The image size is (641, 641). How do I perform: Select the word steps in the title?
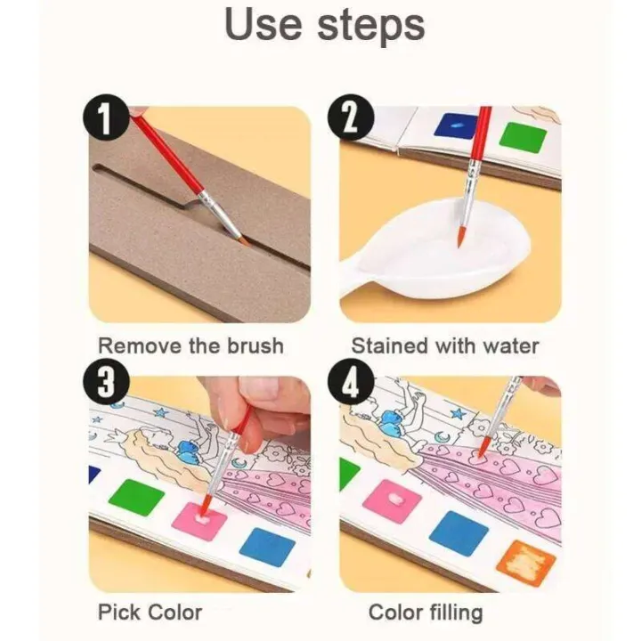pos(373,27)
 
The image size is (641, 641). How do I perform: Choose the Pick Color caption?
pos(150,612)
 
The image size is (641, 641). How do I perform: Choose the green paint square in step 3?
pos(137,497)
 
